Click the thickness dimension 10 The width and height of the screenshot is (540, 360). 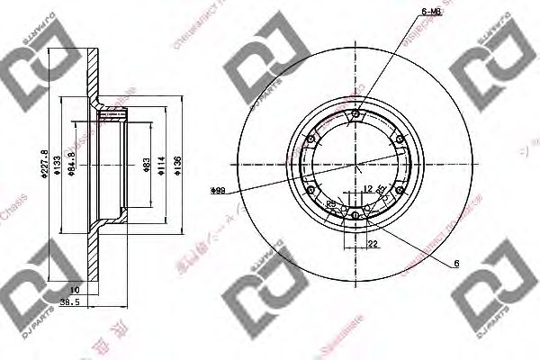pos(76,289)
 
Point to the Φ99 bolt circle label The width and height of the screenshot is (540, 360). pos(217,190)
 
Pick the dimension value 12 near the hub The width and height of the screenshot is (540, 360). pos(369,188)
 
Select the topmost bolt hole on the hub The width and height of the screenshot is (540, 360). pos(356,113)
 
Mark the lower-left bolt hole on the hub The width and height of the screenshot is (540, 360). pos(312,191)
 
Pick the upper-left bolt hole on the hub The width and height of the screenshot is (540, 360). pos(311,139)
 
